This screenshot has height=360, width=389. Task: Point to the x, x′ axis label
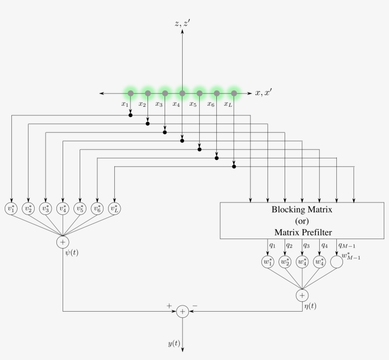264,93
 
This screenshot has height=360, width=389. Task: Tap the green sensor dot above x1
130,93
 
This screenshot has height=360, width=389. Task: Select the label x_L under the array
228,104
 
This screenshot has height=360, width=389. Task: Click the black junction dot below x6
217,158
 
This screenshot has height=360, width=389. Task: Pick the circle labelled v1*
11,208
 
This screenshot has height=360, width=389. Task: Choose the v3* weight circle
46,208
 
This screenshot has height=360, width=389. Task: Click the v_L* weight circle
114,208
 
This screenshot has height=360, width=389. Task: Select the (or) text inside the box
302,221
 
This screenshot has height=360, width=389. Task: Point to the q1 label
272,245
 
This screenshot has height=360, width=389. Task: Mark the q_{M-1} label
347,245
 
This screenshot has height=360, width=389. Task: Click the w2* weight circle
285,262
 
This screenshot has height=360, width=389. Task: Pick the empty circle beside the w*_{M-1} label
336,262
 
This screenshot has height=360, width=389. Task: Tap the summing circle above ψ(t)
63,242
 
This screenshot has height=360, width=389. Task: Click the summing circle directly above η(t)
302,295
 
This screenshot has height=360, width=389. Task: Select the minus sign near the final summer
194,306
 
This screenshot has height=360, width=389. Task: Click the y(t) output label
174,343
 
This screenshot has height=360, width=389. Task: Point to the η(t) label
310,306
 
